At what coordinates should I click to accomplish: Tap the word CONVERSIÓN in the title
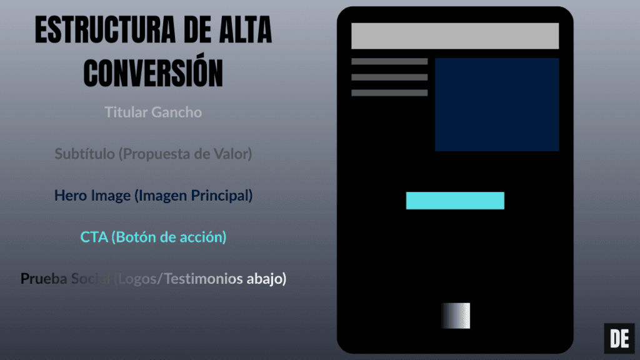[x=153, y=72]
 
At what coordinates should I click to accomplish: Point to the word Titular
[x=126, y=112]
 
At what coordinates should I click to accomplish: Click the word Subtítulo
[x=84, y=154]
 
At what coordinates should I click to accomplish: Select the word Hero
[x=70, y=196]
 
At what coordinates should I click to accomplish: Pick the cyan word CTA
[x=94, y=237]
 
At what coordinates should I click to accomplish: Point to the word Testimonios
[x=202, y=279]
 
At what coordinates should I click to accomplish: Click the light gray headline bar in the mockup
[x=454, y=36]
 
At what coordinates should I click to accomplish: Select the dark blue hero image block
[x=496, y=104]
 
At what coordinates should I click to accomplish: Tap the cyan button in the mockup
[x=455, y=201]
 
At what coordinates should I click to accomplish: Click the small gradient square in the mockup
[x=456, y=316]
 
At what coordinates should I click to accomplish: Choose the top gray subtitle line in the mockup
[x=389, y=62]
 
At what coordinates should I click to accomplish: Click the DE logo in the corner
[x=619, y=339]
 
